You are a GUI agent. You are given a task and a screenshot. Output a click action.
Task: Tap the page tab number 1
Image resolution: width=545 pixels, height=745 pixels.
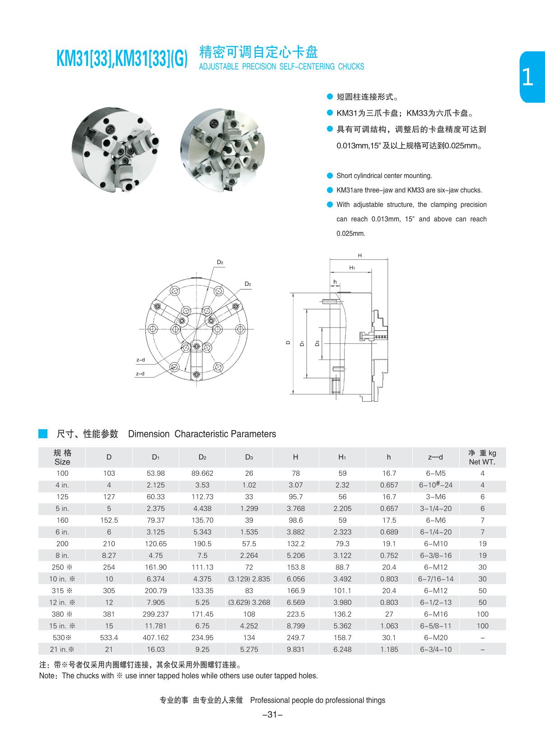527,77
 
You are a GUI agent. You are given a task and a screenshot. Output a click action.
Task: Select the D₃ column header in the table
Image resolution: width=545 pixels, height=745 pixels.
249,457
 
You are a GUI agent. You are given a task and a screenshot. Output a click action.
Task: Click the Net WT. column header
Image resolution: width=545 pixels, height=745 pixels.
482,457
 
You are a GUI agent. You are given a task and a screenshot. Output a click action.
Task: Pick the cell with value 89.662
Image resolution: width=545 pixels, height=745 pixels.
202,473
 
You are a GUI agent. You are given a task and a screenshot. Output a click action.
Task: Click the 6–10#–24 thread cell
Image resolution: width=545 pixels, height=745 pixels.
435,485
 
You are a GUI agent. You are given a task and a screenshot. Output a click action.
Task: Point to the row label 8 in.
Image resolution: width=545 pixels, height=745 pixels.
62,556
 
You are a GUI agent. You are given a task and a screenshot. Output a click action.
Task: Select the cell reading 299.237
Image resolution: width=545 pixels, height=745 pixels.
156,614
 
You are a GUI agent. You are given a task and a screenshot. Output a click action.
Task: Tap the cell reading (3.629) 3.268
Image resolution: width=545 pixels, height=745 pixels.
249,603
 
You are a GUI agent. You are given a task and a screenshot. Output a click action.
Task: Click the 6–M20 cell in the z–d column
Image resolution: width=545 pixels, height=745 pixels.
435,638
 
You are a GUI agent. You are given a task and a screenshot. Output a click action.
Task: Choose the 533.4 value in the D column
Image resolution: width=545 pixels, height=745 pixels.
109,638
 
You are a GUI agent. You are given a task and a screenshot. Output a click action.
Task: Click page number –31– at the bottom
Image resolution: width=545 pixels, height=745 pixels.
272,715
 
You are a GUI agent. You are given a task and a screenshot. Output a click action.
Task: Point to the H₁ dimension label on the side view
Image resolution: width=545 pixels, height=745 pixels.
352,268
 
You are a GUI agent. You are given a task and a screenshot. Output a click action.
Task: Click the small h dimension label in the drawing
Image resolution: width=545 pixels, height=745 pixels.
335,282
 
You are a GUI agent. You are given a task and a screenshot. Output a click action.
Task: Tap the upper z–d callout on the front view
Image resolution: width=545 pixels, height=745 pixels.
140,360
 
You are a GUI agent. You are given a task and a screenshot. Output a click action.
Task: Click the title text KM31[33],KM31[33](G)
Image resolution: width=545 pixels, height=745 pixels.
122,60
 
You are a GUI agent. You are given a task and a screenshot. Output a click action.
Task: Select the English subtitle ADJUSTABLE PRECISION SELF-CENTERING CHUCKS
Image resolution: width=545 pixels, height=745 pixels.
281,67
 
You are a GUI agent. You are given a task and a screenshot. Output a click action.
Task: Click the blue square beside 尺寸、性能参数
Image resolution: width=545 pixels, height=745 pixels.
43,434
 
